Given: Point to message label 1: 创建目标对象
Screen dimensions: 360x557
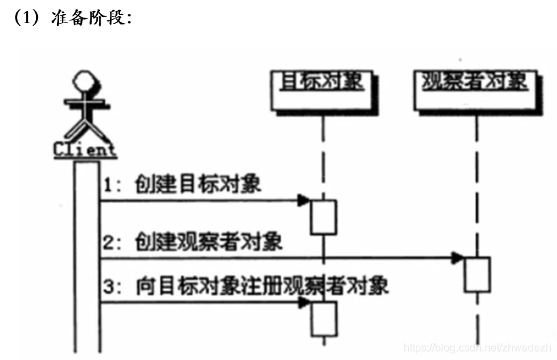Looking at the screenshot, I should tap(183, 185).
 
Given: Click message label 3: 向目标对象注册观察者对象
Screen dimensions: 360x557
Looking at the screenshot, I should tap(246, 285).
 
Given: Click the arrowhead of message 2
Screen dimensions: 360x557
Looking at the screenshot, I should tap(458, 257).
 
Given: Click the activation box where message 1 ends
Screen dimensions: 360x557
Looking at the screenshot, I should tap(324, 217).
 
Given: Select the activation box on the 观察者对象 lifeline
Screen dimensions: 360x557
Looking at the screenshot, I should tap(478, 274).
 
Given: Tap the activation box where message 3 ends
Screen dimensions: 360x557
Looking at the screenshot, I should tap(324, 319).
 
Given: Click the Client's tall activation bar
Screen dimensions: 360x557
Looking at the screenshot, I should tap(87, 258).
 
